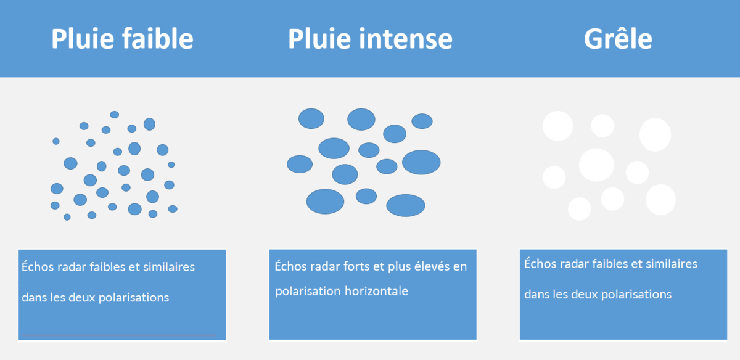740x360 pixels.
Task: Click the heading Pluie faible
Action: [x=122, y=39]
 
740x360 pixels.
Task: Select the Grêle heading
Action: [x=618, y=39]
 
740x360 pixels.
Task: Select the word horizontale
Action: [x=376, y=291]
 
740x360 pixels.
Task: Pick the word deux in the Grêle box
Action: [x=585, y=294]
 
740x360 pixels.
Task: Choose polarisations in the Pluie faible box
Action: [x=134, y=297]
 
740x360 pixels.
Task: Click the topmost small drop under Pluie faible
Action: [x=114, y=115]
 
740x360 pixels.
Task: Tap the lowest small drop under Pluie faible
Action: [x=67, y=217]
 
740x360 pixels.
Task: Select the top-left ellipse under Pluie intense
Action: [x=311, y=118]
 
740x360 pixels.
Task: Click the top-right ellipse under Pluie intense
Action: [x=422, y=121]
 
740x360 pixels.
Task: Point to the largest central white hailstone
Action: [x=596, y=165]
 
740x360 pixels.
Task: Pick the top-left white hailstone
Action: [x=557, y=126]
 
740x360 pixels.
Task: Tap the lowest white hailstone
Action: [x=579, y=209]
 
